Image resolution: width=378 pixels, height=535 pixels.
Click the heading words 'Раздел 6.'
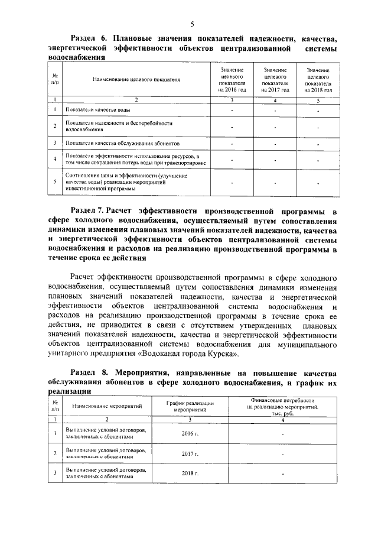point(89,38)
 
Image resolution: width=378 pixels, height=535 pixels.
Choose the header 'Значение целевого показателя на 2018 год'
point(318,80)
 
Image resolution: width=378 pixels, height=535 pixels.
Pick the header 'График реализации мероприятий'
point(190,406)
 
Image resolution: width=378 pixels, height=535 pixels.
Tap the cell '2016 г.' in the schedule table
point(190,433)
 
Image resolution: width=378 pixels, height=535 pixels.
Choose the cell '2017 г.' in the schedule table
point(190,453)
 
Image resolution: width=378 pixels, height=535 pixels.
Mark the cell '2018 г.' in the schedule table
point(190,474)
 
